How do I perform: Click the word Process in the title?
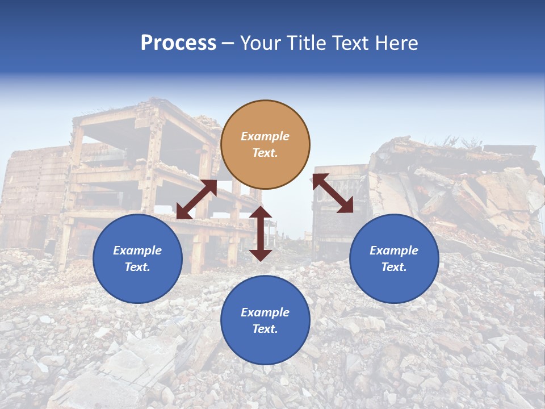[x=178, y=43]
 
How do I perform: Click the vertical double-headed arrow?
[x=261, y=233]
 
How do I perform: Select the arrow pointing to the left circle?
[x=196, y=199]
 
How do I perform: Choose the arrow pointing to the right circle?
[x=333, y=193]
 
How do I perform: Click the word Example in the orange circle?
[x=265, y=136]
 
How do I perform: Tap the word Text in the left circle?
[x=137, y=267]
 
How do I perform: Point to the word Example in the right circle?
[x=394, y=251]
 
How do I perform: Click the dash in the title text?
[x=228, y=43]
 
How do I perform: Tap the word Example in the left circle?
[x=137, y=251]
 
